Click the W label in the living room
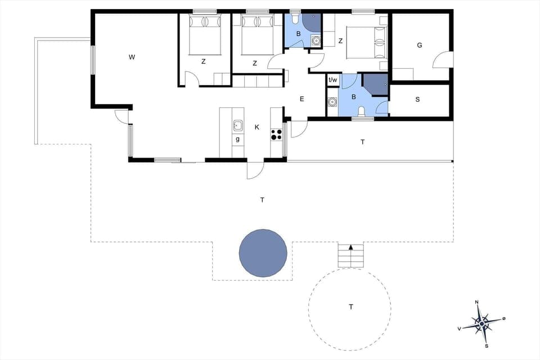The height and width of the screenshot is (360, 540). (x=132, y=57)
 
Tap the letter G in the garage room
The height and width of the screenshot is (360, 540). (x=420, y=46)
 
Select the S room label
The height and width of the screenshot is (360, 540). (x=417, y=100)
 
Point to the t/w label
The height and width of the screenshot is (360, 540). (x=333, y=80)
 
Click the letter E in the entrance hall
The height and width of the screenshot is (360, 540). (x=301, y=99)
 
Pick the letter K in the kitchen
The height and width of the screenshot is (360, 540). (x=256, y=127)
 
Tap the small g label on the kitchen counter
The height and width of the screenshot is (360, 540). (x=238, y=139)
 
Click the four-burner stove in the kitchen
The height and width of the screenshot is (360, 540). (x=276, y=134)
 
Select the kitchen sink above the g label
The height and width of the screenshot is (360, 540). (x=238, y=125)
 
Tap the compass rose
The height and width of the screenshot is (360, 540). (x=482, y=324)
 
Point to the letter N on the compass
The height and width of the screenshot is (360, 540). (x=477, y=303)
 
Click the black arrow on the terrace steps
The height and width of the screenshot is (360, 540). (x=351, y=247)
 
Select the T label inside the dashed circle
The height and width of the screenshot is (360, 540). (x=351, y=307)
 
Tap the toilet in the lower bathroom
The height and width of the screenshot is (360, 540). (x=361, y=111)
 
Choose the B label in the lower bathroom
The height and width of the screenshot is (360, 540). (x=354, y=97)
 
